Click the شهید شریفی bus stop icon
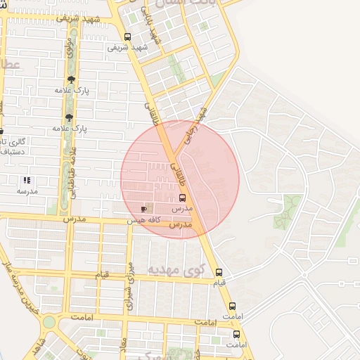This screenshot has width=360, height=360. coord(127,37)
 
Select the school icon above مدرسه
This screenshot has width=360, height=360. coord(27,181)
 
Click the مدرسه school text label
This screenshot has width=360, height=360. coord(27,191)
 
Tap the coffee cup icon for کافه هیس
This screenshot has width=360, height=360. coord(144,209)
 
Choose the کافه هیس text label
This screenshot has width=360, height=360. coord(143,220)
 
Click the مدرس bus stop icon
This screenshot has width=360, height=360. coord(183,198)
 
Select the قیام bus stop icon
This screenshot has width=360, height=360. coord(219,272)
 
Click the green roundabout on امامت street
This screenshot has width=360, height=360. coord(49,323)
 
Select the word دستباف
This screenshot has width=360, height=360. coord(13,150)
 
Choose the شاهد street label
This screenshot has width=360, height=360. coord(39,345)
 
